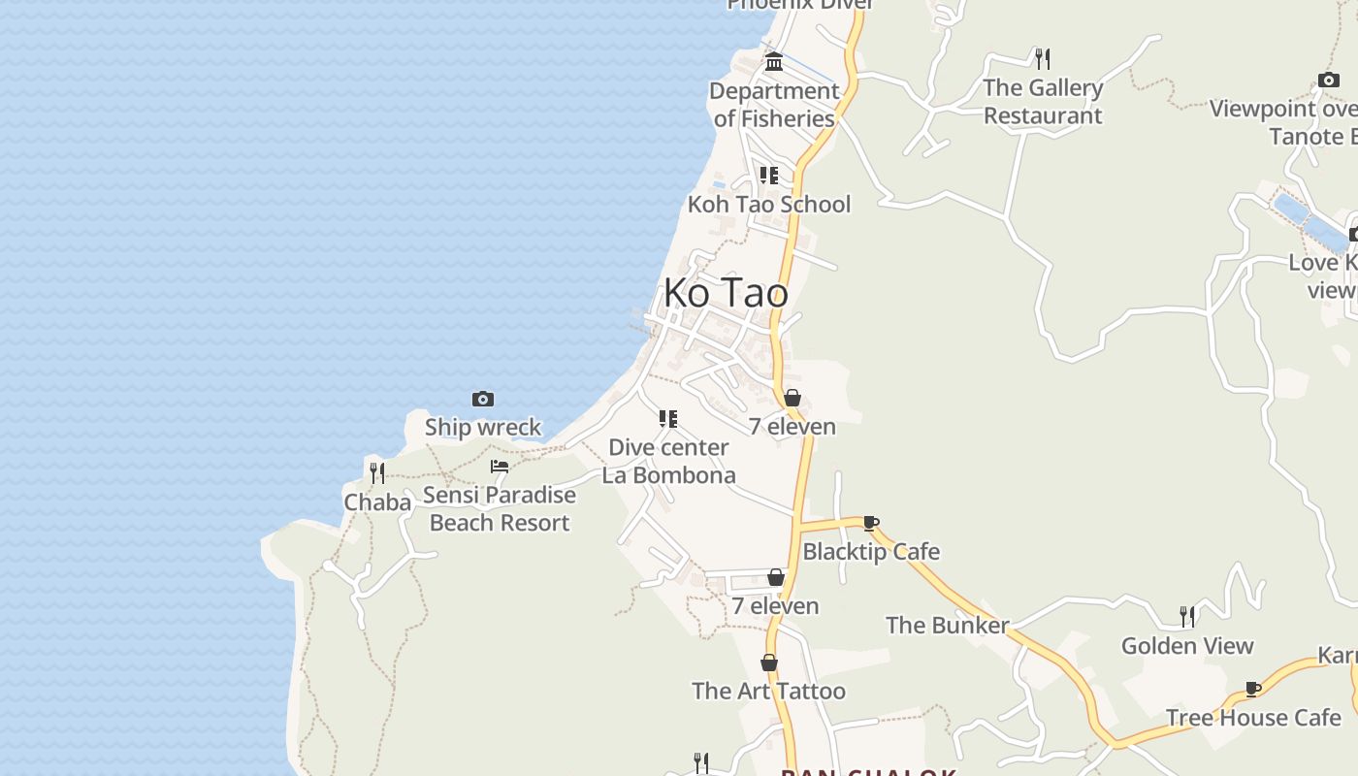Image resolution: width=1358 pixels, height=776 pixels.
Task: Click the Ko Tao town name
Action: coord(726,293)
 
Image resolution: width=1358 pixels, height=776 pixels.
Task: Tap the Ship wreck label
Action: coord(483,427)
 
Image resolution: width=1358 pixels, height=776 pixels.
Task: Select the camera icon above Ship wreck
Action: coord(483,399)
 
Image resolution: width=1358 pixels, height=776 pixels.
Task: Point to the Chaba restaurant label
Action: coord(377,502)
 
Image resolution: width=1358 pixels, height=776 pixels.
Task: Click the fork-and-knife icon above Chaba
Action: coord(377,473)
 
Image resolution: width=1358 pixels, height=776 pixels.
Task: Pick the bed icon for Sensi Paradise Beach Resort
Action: coord(500,467)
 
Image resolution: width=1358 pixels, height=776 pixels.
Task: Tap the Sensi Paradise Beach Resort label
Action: coord(500,508)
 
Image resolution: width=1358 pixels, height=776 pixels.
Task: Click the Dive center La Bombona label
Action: coord(668,461)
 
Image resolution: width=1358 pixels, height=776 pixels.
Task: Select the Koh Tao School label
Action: coord(769,204)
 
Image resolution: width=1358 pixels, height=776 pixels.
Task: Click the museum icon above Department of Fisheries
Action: coord(774,62)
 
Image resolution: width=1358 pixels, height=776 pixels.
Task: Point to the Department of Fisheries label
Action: coord(774,104)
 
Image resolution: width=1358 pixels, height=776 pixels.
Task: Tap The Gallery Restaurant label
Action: coord(1043,101)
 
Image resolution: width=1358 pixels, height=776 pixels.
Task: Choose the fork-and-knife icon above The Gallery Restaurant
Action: coord(1043,59)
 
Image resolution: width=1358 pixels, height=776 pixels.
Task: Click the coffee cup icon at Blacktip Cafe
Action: coord(871,524)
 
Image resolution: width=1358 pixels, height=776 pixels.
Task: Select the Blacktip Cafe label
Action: coord(871,551)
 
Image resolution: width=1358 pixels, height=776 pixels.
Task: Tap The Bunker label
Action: coord(947,625)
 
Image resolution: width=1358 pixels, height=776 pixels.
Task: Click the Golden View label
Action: coord(1187,645)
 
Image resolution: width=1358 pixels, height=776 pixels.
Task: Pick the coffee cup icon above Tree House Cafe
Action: coord(1253,689)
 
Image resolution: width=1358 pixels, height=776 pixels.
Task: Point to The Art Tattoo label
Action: coord(768,691)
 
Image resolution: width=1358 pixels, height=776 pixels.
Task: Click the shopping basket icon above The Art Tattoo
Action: coord(769,663)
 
